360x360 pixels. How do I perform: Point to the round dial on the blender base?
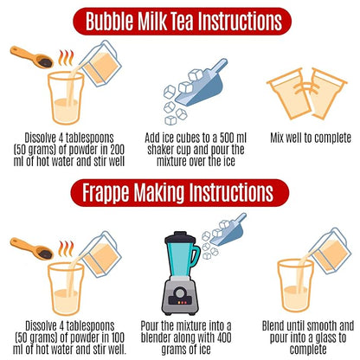coord(180,292)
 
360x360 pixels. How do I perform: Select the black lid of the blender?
coord(180,237)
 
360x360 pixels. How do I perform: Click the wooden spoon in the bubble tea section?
coord(32,57)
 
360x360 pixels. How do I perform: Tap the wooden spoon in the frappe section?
coord(32,248)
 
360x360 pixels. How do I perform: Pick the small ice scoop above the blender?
coord(229,229)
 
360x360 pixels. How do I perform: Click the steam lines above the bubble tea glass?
coord(66,58)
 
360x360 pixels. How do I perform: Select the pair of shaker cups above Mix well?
coord(307,93)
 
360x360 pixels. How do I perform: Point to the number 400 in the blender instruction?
coord(224,337)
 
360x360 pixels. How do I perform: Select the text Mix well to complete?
coord(311,138)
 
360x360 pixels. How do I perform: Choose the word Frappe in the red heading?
coord(106,193)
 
